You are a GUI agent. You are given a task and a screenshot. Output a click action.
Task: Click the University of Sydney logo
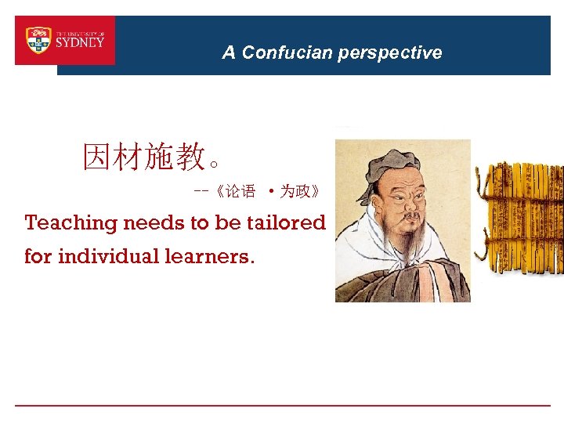click(65, 40)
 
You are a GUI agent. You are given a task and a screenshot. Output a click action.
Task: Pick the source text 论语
click(240, 191)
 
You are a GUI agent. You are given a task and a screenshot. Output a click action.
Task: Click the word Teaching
click(70, 223)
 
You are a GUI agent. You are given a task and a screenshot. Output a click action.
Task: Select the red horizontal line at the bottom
click(282, 405)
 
